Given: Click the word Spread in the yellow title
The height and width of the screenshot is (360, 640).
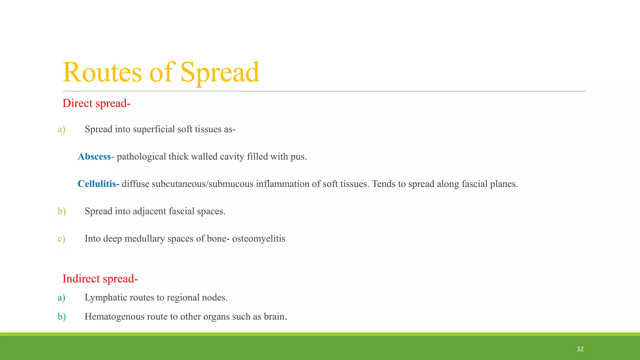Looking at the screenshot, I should click(220, 72).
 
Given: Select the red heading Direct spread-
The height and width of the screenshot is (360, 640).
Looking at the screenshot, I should click(96, 103).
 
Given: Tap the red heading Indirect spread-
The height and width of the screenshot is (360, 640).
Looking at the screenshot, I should click(100, 279).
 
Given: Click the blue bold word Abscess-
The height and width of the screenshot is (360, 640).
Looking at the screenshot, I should click(96, 157).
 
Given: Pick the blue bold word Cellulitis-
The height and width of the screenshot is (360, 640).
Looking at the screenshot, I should click(98, 184).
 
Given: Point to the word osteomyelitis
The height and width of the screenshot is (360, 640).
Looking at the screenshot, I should click(258, 239).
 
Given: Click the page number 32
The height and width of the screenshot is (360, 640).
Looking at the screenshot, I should click(580, 349).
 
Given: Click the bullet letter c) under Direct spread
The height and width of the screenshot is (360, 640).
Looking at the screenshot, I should click(61, 239).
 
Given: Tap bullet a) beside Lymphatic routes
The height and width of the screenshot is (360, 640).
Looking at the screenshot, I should click(61, 297).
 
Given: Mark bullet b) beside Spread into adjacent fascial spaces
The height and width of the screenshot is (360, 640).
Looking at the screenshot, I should click(62, 211).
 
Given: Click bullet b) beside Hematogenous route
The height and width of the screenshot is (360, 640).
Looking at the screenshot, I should click(62, 317).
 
